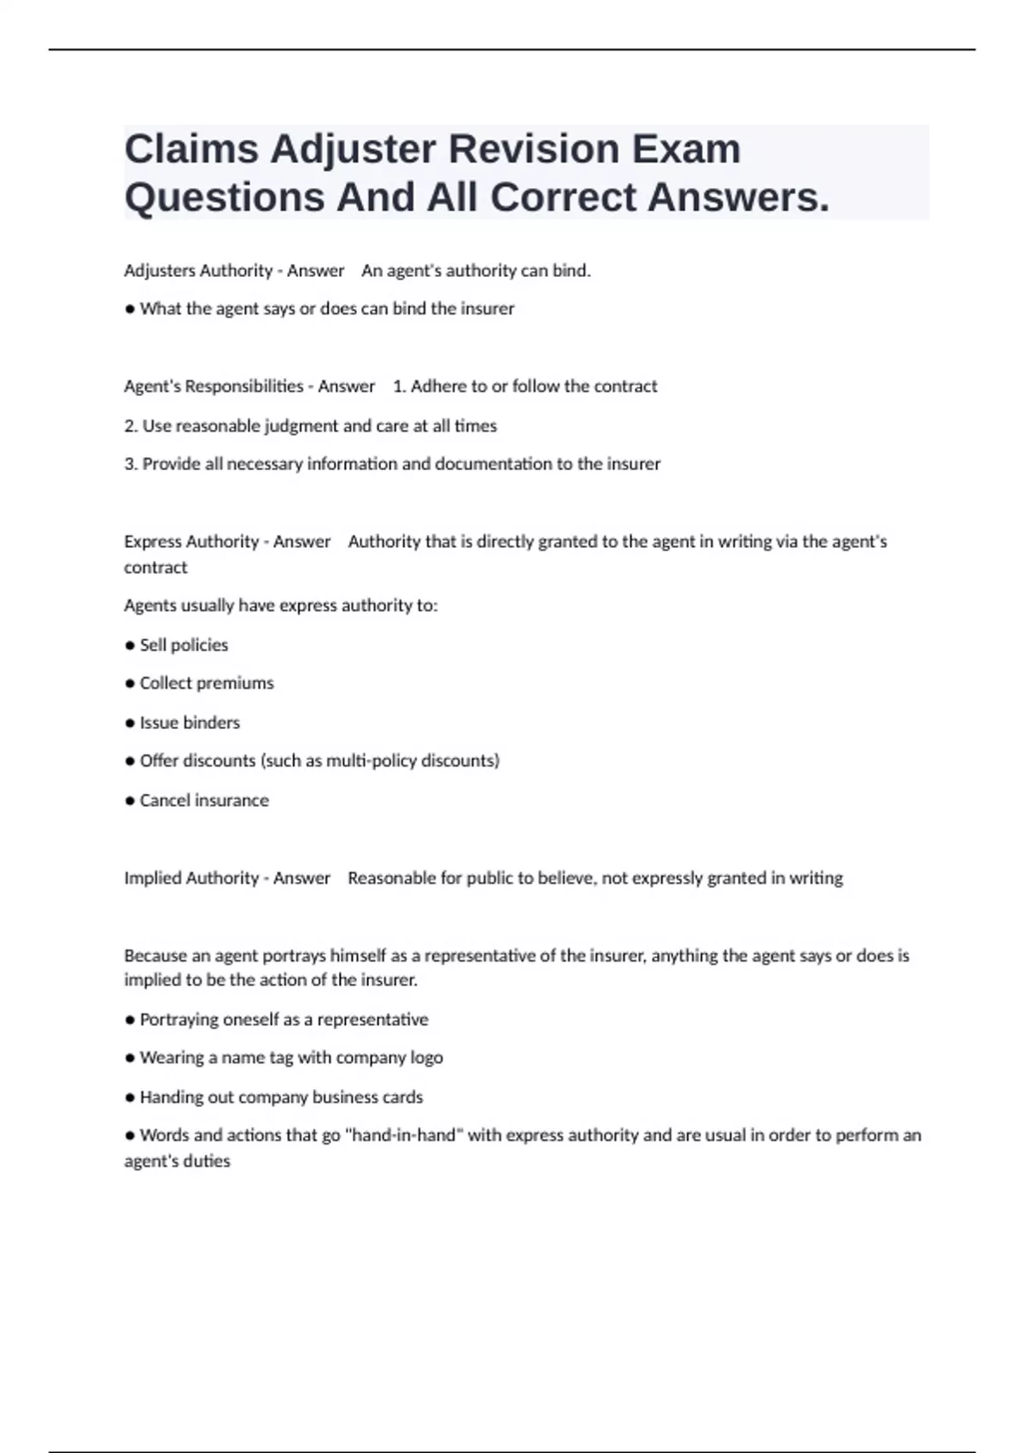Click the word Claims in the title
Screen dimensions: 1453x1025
point(191,149)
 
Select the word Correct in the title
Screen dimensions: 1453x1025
point(563,197)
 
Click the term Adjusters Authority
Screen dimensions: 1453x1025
point(198,271)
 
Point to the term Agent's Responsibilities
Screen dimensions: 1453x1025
point(214,386)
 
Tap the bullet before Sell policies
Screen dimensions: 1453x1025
point(130,646)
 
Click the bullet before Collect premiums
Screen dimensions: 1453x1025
point(130,684)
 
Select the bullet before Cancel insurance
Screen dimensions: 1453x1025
point(130,802)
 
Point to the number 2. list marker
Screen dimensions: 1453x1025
point(131,426)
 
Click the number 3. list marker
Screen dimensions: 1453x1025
point(131,464)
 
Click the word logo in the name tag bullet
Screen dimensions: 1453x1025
point(426,1058)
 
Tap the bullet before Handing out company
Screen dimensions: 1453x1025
point(130,1098)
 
